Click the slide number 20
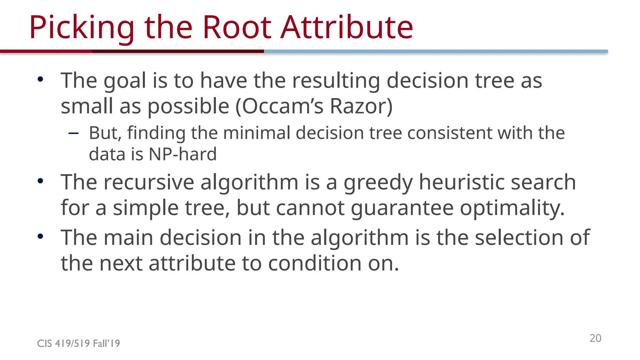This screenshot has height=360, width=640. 595,338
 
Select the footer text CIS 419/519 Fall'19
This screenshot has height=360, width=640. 78,343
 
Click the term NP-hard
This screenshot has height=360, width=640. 182,154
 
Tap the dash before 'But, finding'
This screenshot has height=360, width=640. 73,133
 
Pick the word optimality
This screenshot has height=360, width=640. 512,208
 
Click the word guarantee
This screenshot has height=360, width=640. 402,208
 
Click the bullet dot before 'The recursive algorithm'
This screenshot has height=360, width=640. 40,181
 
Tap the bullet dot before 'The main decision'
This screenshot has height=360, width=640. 40,236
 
